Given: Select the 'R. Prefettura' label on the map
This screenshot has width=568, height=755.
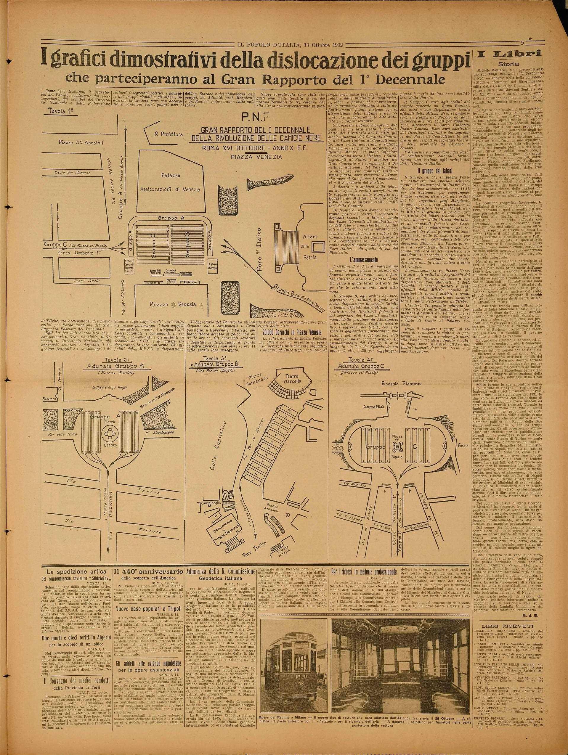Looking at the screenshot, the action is coord(173,134).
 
